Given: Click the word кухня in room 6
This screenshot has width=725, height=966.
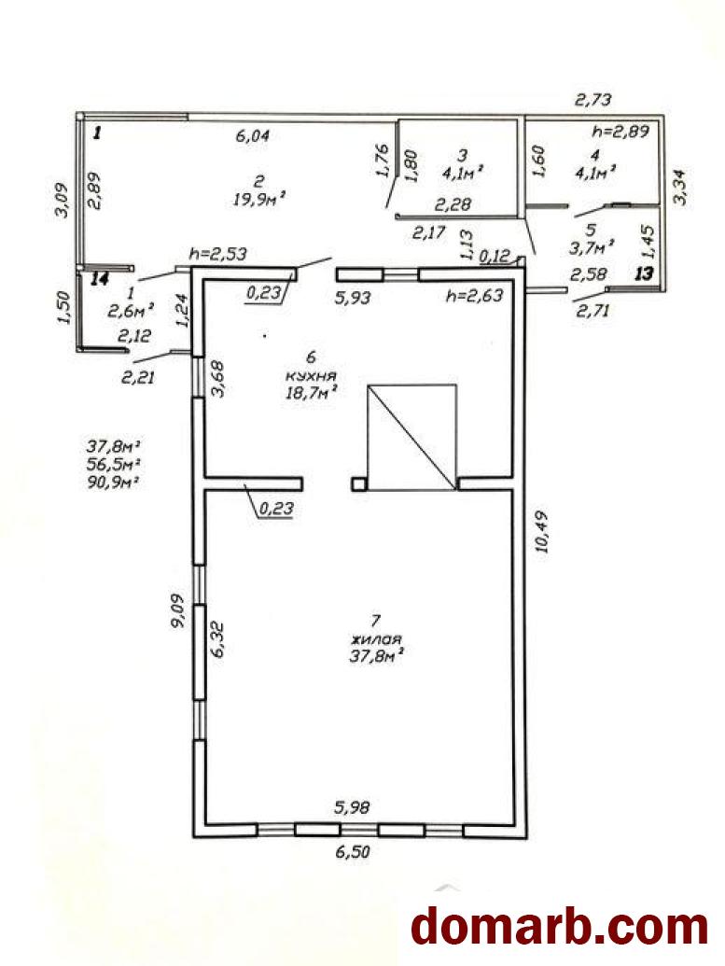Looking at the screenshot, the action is click(x=311, y=375).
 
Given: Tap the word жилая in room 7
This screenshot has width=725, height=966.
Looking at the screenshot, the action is click(x=375, y=638).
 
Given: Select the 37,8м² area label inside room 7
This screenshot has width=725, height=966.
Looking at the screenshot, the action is click(x=376, y=655).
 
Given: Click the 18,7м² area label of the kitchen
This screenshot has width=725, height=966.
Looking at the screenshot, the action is click(x=312, y=392).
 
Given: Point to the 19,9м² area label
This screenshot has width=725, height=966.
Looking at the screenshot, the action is click(x=260, y=199).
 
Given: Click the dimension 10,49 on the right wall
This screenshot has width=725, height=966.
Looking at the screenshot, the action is click(x=543, y=532).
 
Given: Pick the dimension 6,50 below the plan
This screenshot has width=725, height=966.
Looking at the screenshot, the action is click(x=353, y=853).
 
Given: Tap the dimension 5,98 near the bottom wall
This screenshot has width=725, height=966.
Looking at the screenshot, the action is click(x=353, y=807).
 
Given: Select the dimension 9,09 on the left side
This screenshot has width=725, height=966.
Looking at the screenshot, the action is click(x=177, y=609).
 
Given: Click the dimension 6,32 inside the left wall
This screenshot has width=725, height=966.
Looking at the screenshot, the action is click(x=218, y=640).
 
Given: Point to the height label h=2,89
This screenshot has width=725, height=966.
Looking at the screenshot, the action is click(x=620, y=131).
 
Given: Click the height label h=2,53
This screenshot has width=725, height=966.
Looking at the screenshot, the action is click(x=218, y=253).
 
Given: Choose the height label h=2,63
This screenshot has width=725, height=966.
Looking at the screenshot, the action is click(x=474, y=295).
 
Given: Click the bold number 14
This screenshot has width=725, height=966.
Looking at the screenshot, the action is click(x=99, y=279).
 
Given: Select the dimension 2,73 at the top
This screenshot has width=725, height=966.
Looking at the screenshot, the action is click(x=593, y=99).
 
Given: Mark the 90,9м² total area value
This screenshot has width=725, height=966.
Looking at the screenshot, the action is click(x=112, y=482).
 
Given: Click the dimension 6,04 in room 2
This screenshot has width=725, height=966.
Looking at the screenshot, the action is click(x=253, y=135).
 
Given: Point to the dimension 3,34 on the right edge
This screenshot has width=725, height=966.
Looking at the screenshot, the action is click(x=681, y=188).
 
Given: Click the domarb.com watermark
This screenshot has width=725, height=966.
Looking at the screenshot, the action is click(x=559, y=926).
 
